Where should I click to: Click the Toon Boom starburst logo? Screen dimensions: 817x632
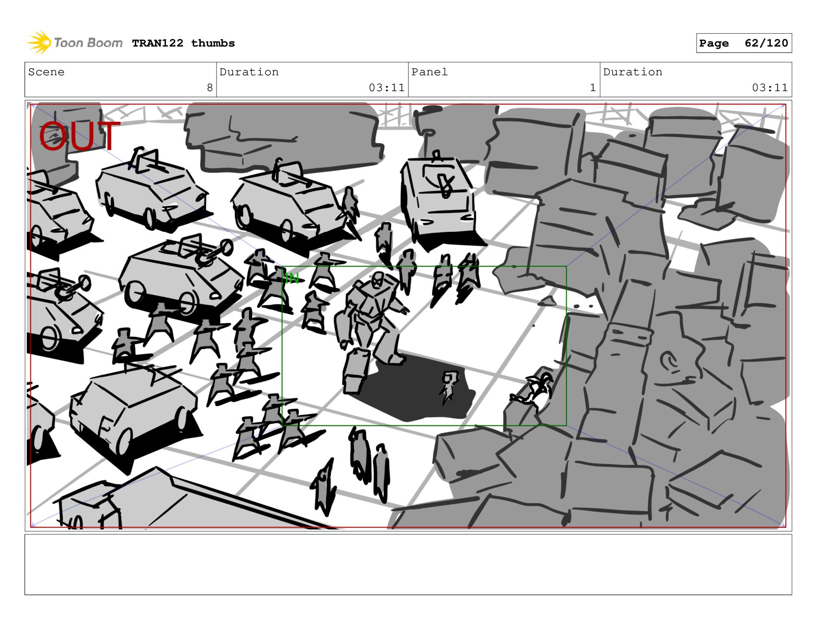(x=39, y=43)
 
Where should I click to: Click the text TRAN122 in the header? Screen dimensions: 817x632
(x=158, y=43)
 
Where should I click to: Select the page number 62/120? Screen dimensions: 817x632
(x=766, y=43)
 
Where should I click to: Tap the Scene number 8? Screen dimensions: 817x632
(x=210, y=88)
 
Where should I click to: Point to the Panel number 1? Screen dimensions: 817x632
(x=593, y=88)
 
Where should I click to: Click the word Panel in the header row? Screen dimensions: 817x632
(x=429, y=72)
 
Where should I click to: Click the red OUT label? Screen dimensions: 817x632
(x=79, y=136)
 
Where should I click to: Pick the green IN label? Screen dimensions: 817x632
(x=292, y=278)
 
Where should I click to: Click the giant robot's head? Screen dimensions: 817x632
(x=377, y=279)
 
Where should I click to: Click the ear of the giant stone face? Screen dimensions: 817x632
(x=669, y=361)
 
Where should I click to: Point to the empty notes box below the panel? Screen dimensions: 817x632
(x=408, y=565)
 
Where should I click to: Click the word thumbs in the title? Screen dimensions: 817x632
(x=213, y=43)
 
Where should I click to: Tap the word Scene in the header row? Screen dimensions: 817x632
(x=46, y=72)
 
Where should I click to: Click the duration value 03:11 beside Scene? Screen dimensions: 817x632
(x=387, y=88)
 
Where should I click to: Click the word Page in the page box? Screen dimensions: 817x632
(x=714, y=43)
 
